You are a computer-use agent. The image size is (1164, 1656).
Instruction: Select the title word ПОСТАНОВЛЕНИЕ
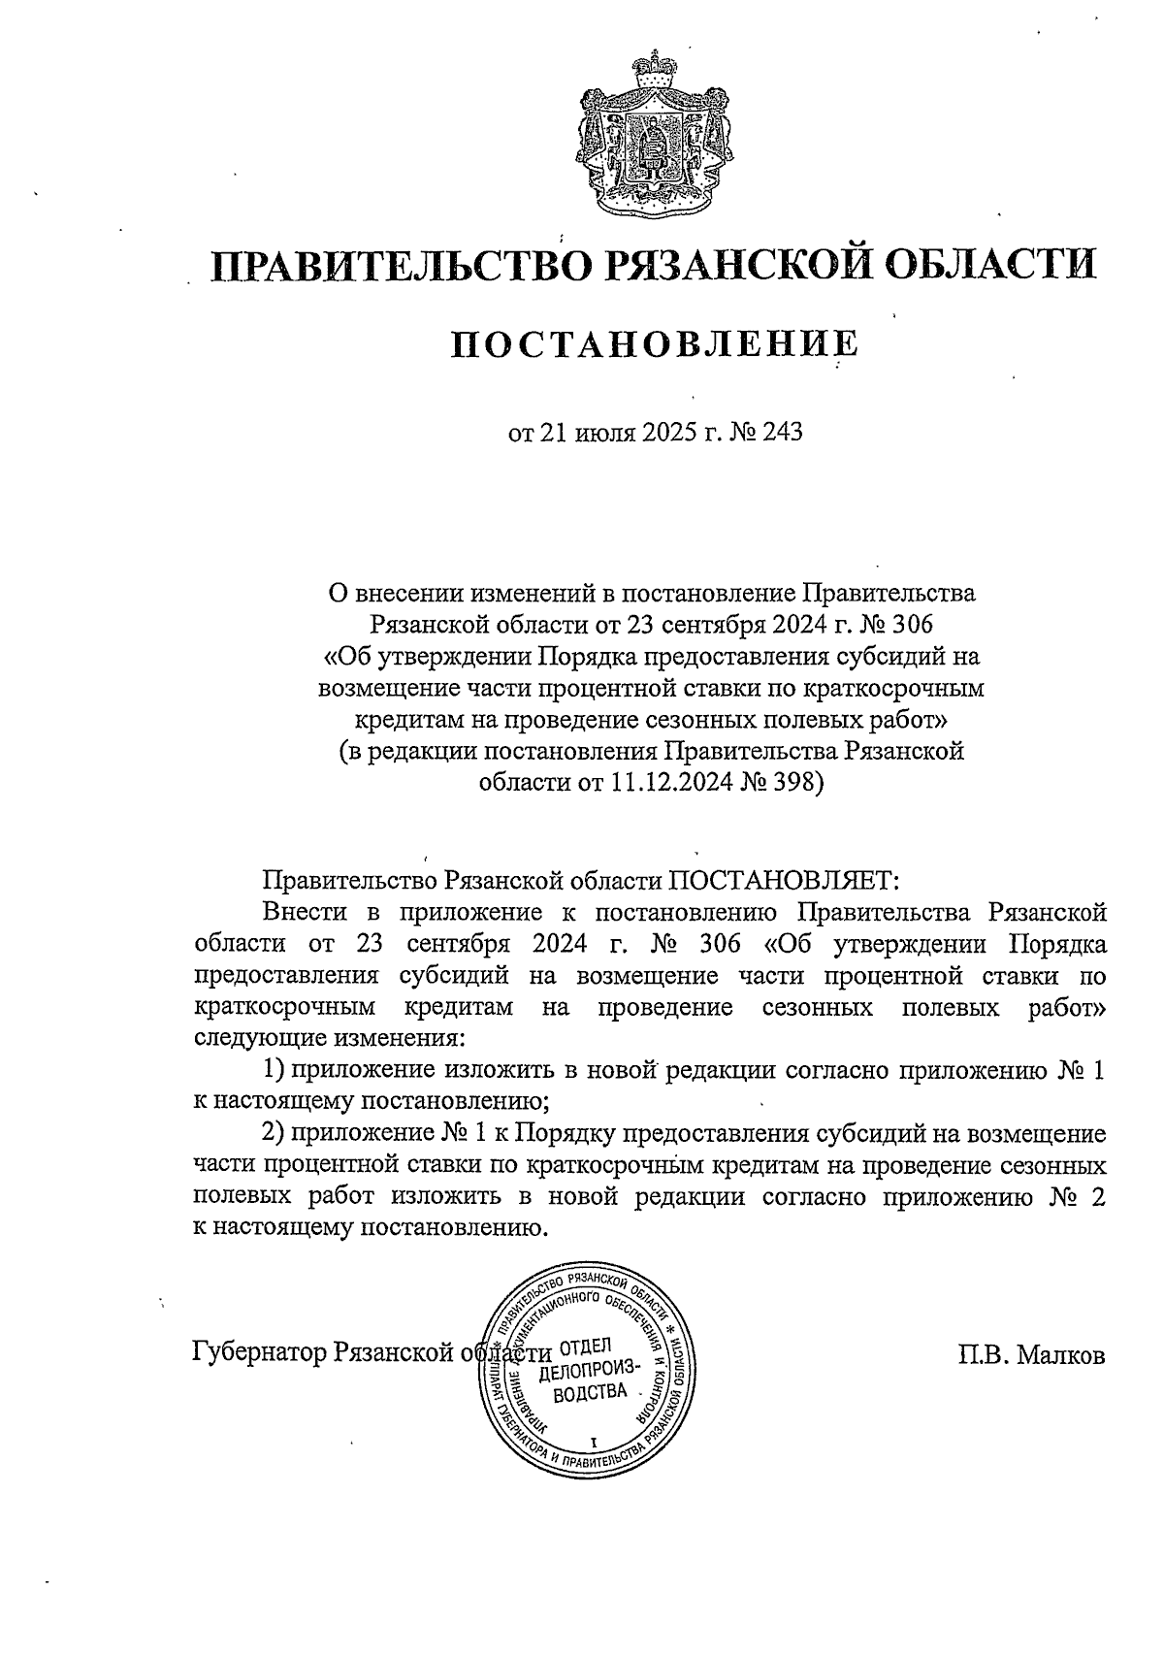pos(656,346)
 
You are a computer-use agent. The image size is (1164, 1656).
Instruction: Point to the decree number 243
pos(783,433)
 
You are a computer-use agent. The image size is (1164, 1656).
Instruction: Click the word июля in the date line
pos(602,433)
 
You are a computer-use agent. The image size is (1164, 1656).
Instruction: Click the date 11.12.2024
pos(661,783)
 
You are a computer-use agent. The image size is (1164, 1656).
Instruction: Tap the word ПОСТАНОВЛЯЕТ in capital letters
pos(782,881)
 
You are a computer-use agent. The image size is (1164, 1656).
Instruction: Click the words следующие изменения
pos(329,1038)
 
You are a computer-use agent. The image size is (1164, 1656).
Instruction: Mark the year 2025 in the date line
pos(669,433)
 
